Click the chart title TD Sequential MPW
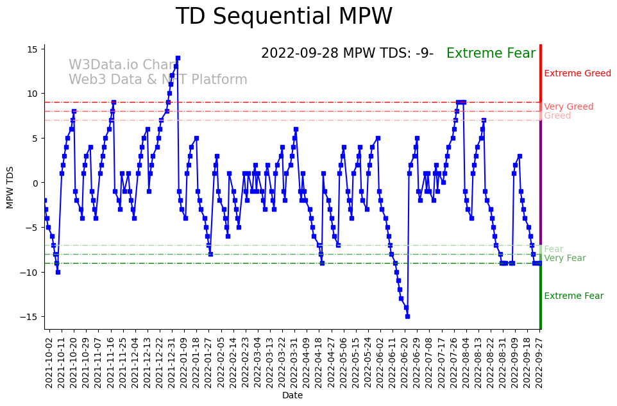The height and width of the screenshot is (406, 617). click(x=283, y=17)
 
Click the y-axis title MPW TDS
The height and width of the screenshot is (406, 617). click(x=10, y=187)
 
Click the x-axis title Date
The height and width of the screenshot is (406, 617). click(x=292, y=396)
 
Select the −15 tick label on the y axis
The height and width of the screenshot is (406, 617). click(x=31, y=317)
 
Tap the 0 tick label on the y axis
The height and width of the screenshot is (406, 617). click(x=37, y=183)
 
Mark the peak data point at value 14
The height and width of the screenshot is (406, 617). click(x=178, y=58)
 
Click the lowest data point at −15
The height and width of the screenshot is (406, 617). click(x=407, y=316)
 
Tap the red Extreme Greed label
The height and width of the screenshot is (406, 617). click(x=577, y=74)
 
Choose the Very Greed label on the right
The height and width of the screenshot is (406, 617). click(x=568, y=107)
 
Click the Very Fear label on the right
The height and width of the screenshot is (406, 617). click(x=564, y=258)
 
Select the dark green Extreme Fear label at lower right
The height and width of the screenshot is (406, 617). click(x=573, y=296)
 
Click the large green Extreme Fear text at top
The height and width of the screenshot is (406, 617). click(x=491, y=54)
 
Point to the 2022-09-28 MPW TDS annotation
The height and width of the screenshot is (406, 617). click(x=347, y=54)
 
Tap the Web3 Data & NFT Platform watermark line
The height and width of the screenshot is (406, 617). click(x=158, y=80)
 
